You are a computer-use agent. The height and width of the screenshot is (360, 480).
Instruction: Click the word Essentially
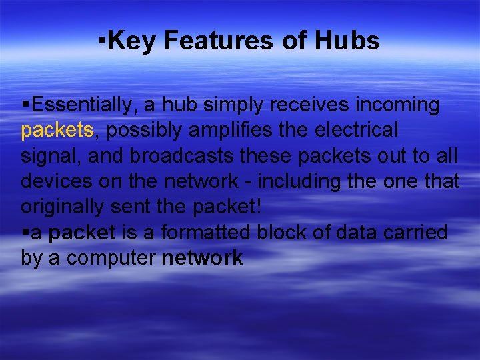[83, 105]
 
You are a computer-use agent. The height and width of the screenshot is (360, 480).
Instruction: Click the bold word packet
[83, 233]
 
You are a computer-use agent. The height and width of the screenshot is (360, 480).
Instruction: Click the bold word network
[203, 259]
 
